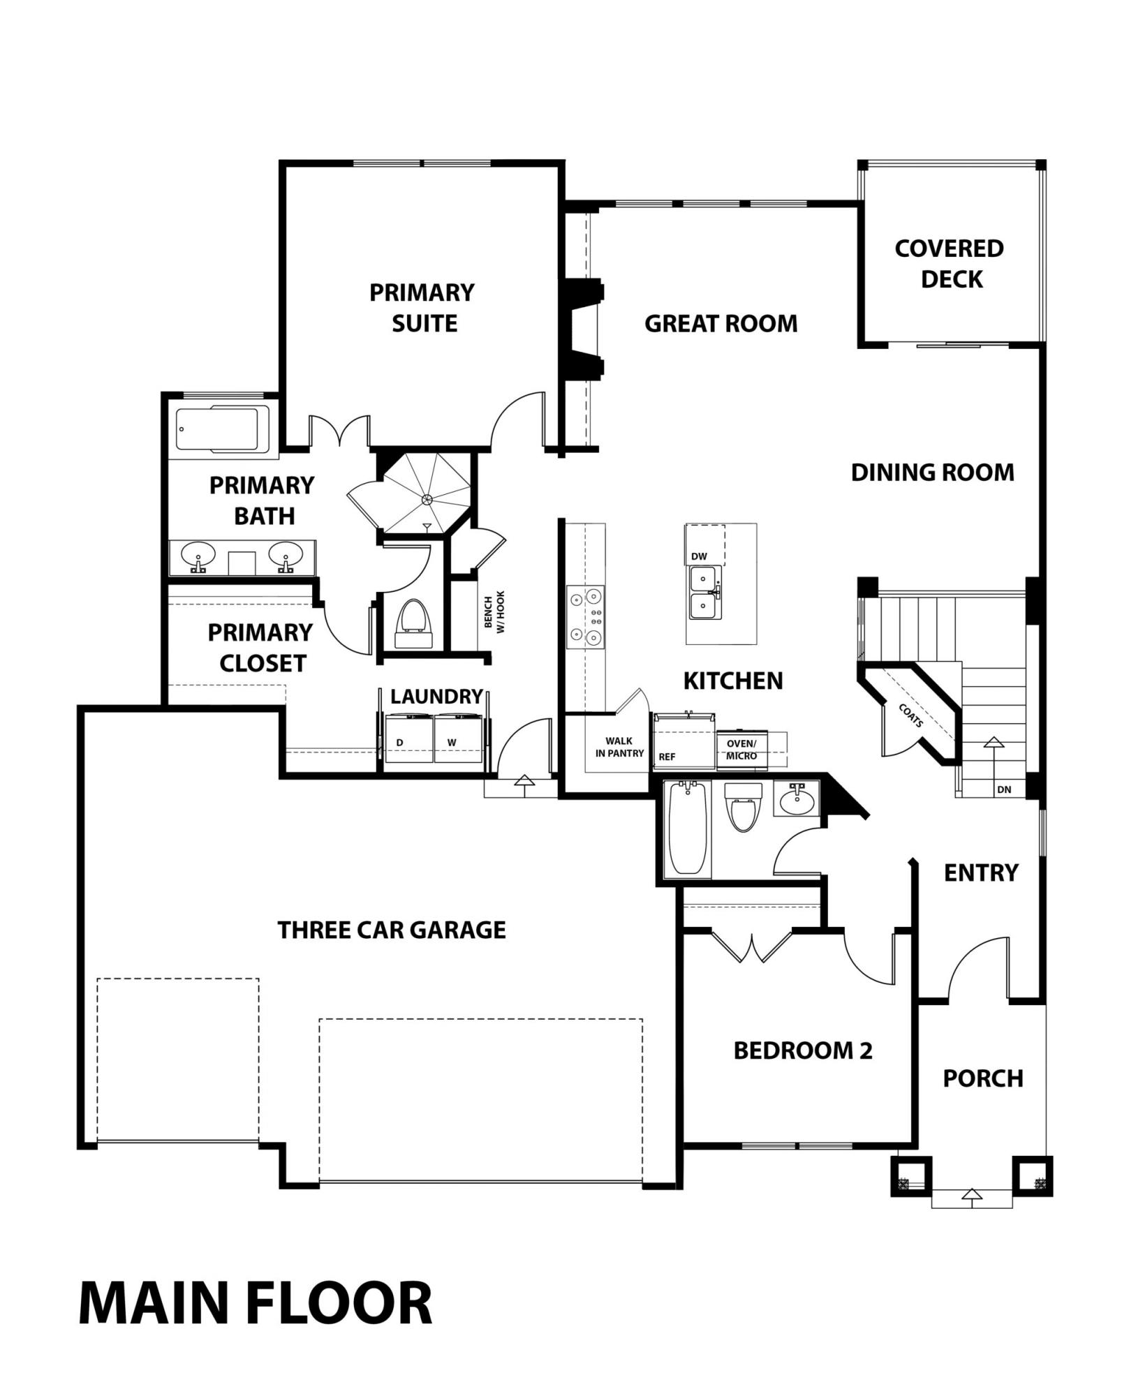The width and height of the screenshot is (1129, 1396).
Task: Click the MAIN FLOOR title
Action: point(256,1302)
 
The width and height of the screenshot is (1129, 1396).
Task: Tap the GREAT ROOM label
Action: point(721,324)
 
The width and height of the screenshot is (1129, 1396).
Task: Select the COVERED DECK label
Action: point(950,264)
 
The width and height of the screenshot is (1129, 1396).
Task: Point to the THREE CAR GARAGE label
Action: point(392,930)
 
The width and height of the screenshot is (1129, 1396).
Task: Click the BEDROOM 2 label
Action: point(803,1050)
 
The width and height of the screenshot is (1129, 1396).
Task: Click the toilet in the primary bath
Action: point(415,624)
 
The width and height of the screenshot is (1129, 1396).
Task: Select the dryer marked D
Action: point(409,741)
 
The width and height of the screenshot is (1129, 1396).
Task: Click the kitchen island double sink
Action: point(705,593)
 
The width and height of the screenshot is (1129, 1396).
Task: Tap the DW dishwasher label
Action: point(699,556)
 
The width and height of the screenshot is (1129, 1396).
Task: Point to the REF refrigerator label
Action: point(667,757)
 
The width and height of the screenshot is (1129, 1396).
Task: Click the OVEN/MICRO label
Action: point(741,750)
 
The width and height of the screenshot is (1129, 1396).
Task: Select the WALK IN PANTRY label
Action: point(619,748)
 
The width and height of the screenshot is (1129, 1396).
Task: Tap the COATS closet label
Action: point(911,715)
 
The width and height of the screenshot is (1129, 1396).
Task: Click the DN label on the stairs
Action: point(1004,789)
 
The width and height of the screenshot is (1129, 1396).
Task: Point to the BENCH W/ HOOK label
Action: point(494,611)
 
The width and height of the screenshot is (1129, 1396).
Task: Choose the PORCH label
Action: point(983,1078)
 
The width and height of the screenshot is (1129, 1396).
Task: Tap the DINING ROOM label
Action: point(932,473)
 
